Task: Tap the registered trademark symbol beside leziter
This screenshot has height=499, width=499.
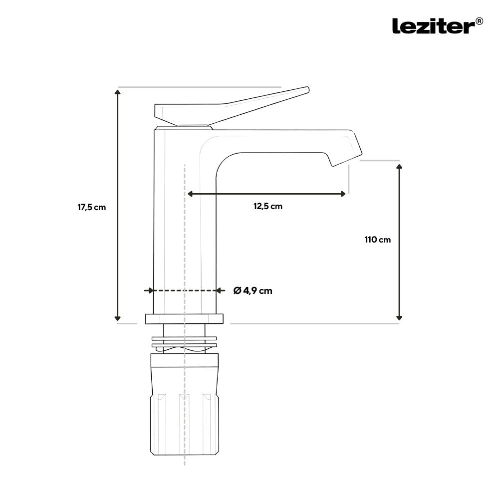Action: [479, 21]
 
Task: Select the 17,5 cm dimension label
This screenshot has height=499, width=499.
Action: [92, 207]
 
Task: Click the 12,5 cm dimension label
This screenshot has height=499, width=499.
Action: [268, 206]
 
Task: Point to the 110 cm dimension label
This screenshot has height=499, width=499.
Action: [378, 240]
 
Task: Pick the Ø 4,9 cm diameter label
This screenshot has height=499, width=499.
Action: [252, 290]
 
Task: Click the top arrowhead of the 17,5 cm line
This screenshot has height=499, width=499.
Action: [118, 92]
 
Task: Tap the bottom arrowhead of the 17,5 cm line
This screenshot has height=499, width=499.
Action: [118, 318]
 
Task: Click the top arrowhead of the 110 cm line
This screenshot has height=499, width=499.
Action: [399, 167]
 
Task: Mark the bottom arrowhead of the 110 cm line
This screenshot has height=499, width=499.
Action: [399, 317]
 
